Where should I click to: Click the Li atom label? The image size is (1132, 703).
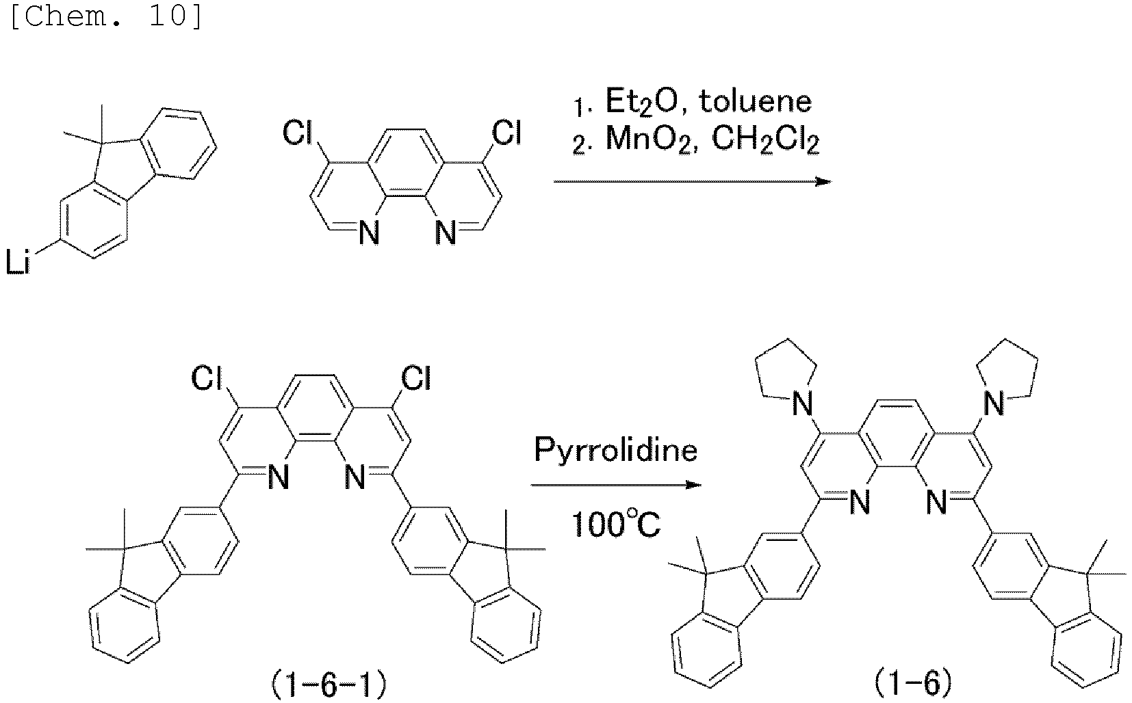[18, 264]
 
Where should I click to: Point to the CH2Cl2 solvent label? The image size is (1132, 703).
[765, 140]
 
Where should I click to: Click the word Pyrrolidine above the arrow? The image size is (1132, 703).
[616, 451]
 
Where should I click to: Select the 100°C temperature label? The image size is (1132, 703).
[616, 525]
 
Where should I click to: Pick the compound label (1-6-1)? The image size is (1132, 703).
[329, 685]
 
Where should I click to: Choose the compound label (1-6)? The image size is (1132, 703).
[912, 685]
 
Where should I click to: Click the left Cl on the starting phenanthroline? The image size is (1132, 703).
[298, 134]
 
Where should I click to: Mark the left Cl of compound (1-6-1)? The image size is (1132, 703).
[206, 377]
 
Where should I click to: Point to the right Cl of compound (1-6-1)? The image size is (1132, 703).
[415, 377]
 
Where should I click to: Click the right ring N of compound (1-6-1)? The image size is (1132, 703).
[355, 477]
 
